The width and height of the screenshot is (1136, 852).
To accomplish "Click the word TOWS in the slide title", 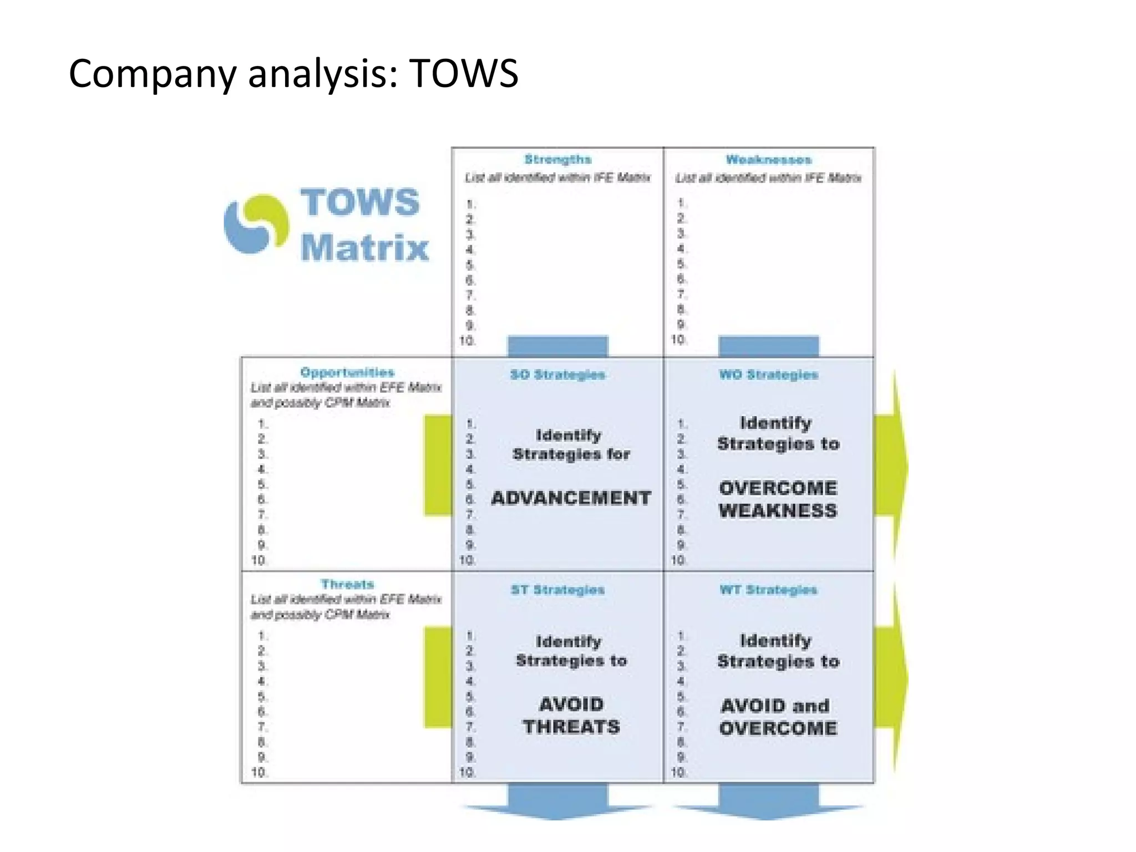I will [x=464, y=74].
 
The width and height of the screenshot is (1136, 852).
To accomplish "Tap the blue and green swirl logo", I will [x=256, y=224].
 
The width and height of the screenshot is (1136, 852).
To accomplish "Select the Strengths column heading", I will [x=557, y=160].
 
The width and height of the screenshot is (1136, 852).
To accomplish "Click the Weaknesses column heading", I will [x=768, y=160].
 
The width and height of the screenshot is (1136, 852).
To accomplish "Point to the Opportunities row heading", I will [x=347, y=372].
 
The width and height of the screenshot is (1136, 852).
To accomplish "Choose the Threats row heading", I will [x=347, y=584].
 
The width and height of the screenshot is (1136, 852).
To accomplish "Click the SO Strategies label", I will [x=557, y=375].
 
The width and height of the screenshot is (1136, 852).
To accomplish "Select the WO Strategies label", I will [x=768, y=375].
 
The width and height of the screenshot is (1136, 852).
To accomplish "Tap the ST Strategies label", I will [x=557, y=590].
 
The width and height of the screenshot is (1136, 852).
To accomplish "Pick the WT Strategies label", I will [x=768, y=590].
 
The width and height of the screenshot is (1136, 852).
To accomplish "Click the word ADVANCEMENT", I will [x=571, y=498].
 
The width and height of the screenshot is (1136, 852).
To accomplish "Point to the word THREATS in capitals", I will [x=571, y=727].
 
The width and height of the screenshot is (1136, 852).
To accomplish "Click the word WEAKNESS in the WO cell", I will [x=778, y=511].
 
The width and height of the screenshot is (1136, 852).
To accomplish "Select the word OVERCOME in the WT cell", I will [x=778, y=728].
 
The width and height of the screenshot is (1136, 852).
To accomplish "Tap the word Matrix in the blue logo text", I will [x=364, y=247].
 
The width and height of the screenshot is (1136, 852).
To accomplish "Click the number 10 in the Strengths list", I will [x=468, y=341].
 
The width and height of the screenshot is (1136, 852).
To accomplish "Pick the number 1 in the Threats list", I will [x=262, y=636].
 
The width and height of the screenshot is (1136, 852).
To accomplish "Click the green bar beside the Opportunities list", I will [x=438, y=465].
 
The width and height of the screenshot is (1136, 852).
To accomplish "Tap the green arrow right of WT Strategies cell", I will [x=890, y=678].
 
